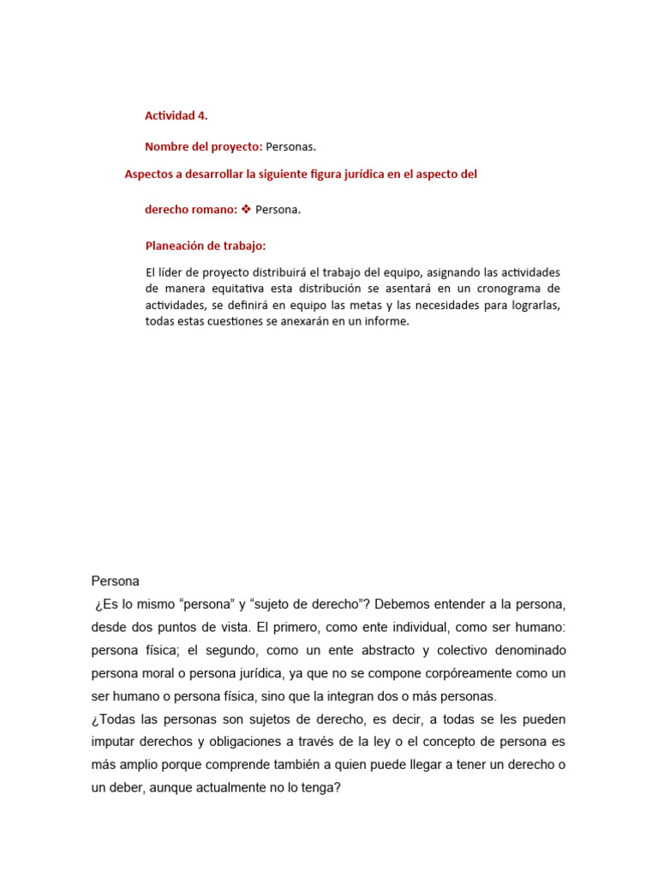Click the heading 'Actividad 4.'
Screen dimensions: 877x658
176,116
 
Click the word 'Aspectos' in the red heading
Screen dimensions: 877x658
148,174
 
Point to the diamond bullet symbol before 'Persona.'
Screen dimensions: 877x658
246,210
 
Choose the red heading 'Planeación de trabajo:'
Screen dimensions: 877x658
206,246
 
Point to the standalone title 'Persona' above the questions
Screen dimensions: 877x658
115,582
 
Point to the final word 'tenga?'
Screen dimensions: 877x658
322,788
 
